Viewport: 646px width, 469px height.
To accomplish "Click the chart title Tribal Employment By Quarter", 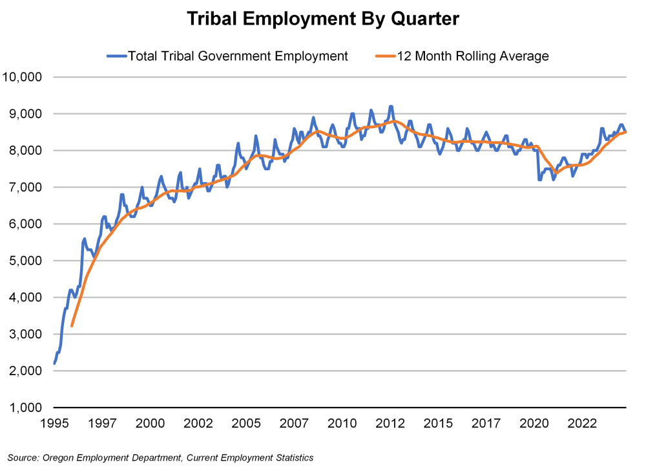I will point(323,19).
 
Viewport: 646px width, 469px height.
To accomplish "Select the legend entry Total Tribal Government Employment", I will point(238,56).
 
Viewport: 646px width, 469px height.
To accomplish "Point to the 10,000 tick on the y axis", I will point(23,77).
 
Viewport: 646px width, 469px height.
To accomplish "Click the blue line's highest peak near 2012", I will point(391,106).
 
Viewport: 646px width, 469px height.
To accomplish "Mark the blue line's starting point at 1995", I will point(54,364).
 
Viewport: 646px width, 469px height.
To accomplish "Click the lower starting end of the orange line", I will point(72,325).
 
